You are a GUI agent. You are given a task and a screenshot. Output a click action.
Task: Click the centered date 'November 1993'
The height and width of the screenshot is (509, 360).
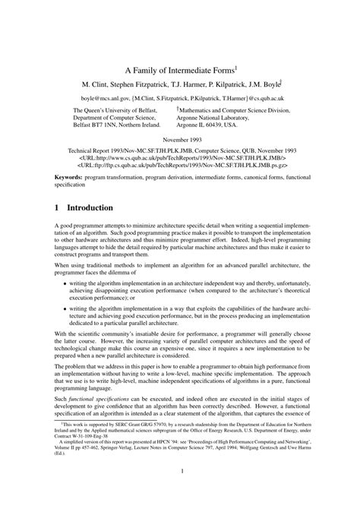[180, 141]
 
